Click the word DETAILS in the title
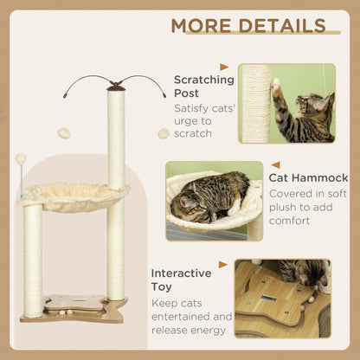[x=282, y=25]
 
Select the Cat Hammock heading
[x=308, y=178]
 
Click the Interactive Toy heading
[x=181, y=280]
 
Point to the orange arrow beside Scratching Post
[x=224, y=67]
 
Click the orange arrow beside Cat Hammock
[x=275, y=164]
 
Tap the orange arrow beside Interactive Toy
[x=222, y=265]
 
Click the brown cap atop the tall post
[x=115, y=86]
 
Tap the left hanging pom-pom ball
[x=63, y=133]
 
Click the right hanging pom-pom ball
[x=163, y=133]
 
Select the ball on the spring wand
[x=21, y=159]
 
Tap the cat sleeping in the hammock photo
[x=209, y=196]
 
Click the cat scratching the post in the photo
[x=303, y=108]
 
